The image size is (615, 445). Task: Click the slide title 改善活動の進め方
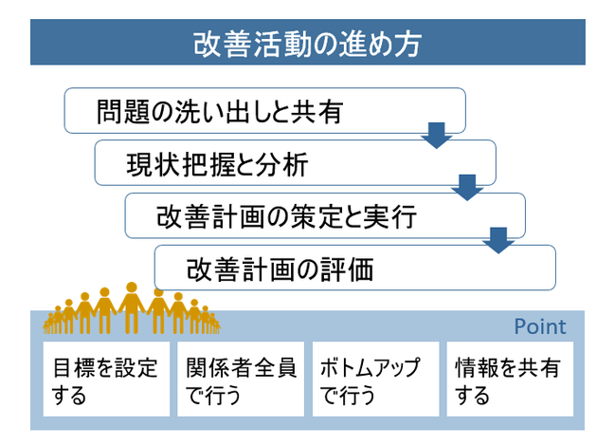click(307, 44)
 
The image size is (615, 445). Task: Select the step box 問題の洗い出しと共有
click(264, 111)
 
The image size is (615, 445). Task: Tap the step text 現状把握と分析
click(217, 164)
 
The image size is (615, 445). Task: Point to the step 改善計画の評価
click(355, 268)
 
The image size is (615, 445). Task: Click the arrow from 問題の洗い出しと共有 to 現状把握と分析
click(437, 135)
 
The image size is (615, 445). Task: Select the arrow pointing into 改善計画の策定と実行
click(467, 187)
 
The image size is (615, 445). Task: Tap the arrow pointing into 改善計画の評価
click(498, 240)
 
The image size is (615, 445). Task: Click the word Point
click(540, 326)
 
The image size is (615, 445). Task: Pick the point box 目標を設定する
click(106, 379)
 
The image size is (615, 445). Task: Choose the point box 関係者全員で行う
click(241, 379)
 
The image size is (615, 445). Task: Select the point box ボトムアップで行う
click(376, 379)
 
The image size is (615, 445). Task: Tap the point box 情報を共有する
click(510, 379)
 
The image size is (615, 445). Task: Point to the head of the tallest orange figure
click(132, 287)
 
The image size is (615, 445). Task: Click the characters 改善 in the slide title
click(222, 44)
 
